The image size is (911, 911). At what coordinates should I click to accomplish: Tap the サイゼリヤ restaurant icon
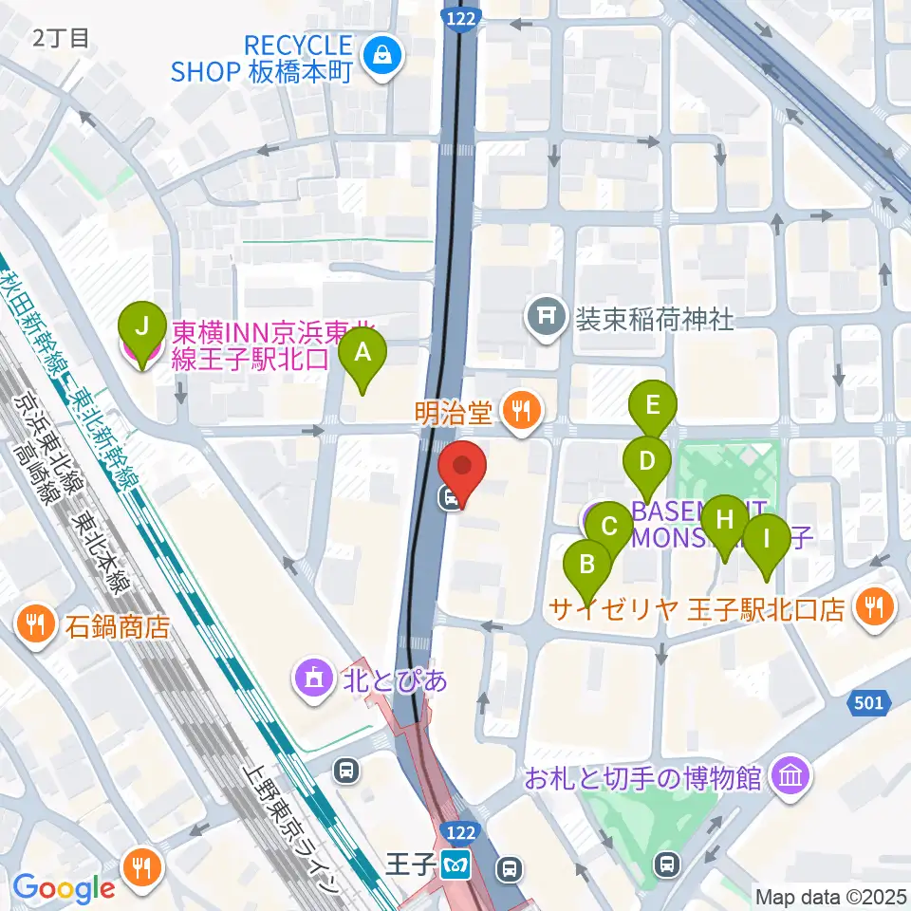[x=871, y=607]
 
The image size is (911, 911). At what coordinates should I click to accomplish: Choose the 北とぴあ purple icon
[x=312, y=679]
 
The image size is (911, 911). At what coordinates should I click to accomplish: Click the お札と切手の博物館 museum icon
[x=790, y=778]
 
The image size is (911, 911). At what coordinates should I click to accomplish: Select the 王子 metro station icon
[x=451, y=865]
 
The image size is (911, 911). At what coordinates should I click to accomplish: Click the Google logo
[x=64, y=888]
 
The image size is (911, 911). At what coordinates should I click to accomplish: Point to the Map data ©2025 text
[x=829, y=895]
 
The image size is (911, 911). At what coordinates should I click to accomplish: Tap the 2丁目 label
[x=62, y=38]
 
